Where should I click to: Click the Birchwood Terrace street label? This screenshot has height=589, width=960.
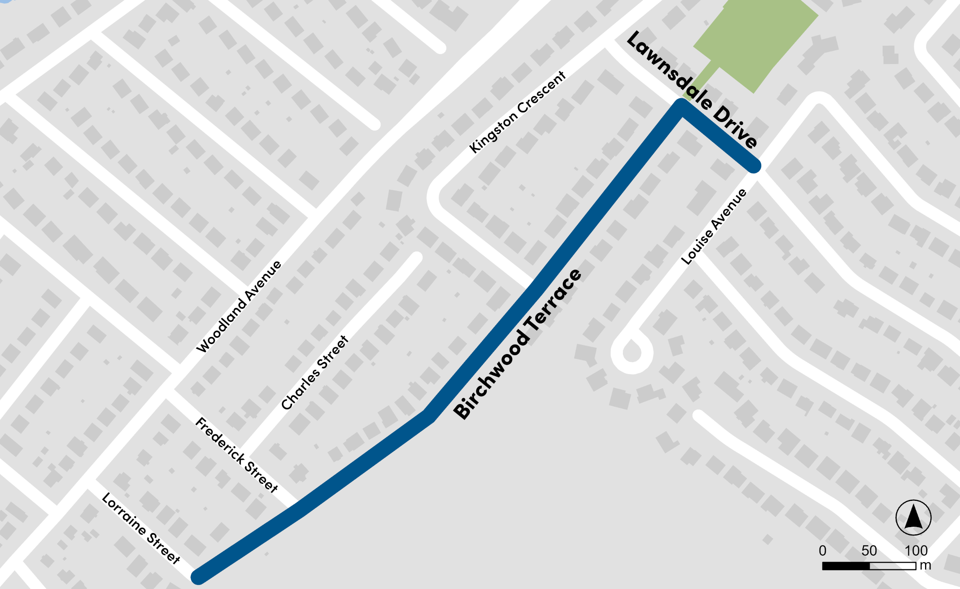point(517,344)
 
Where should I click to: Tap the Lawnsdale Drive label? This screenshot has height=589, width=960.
point(692,89)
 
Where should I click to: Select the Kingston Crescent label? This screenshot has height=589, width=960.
point(517,112)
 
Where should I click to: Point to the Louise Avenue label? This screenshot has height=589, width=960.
point(714,227)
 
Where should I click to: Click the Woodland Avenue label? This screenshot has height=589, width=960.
point(239,307)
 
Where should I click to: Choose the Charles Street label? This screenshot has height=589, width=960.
point(314,373)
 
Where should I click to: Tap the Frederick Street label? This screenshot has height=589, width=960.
point(237,455)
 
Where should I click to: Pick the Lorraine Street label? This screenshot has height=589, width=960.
point(141,528)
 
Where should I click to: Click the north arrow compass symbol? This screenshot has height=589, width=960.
point(913,518)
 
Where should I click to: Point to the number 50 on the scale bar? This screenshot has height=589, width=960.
point(869,550)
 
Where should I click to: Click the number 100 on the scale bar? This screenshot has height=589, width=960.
point(916,550)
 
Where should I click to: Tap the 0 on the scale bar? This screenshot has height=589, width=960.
point(822,550)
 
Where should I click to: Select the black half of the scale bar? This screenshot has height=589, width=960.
point(846,566)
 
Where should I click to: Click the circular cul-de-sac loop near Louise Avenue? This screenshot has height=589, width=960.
point(631,353)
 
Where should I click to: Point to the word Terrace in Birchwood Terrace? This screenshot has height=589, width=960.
point(552,300)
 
